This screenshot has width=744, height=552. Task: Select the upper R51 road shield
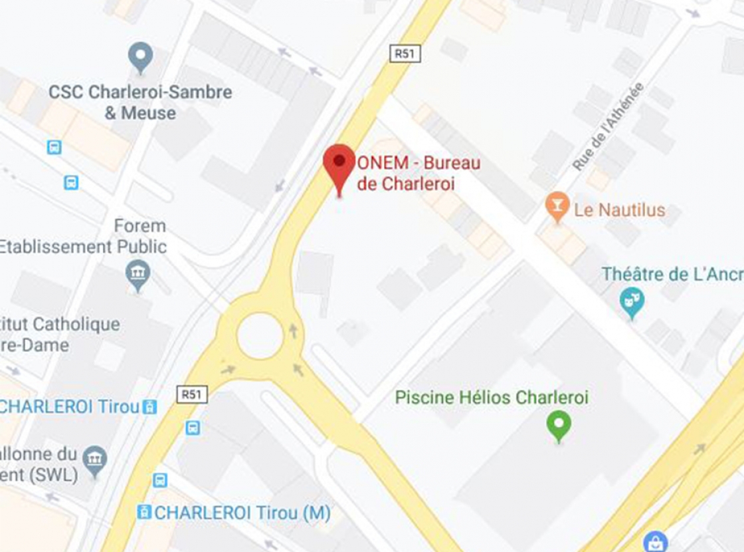click(405, 54)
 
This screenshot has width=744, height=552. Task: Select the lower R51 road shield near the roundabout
click(192, 394)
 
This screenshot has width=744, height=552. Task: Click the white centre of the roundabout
click(260, 336)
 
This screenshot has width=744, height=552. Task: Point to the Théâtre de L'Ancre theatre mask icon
click(631, 302)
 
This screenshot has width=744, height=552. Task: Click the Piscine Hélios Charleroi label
click(492, 398)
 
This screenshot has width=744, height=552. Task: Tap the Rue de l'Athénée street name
click(608, 126)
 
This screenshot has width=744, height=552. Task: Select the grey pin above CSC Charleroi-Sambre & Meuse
click(140, 57)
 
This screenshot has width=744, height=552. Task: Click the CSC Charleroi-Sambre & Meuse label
click(140, 102)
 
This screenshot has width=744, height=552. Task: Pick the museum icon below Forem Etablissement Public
click(138, 274)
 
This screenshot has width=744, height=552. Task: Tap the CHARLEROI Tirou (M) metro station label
click(242, 513)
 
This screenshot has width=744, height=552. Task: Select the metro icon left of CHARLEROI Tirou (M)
click(143, 512)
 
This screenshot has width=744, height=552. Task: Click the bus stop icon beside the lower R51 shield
click(193, 427)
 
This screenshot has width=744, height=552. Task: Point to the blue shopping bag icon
click(656, 541)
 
